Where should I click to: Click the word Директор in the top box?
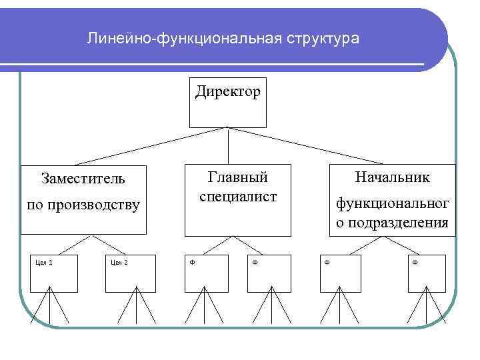click(x=227, y=91)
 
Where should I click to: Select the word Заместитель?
click(x=83, y=179)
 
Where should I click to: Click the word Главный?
click(x=238, y=177)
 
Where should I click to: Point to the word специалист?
click(x=238, y=197)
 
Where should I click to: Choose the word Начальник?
click(x=393, y=177)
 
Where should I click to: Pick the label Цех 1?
click(x=44, y=261)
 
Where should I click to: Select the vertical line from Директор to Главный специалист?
click(x=229, y=145)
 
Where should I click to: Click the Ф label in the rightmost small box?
click(x=415, y=261)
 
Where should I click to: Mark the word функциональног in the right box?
click(x=392, y=203)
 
